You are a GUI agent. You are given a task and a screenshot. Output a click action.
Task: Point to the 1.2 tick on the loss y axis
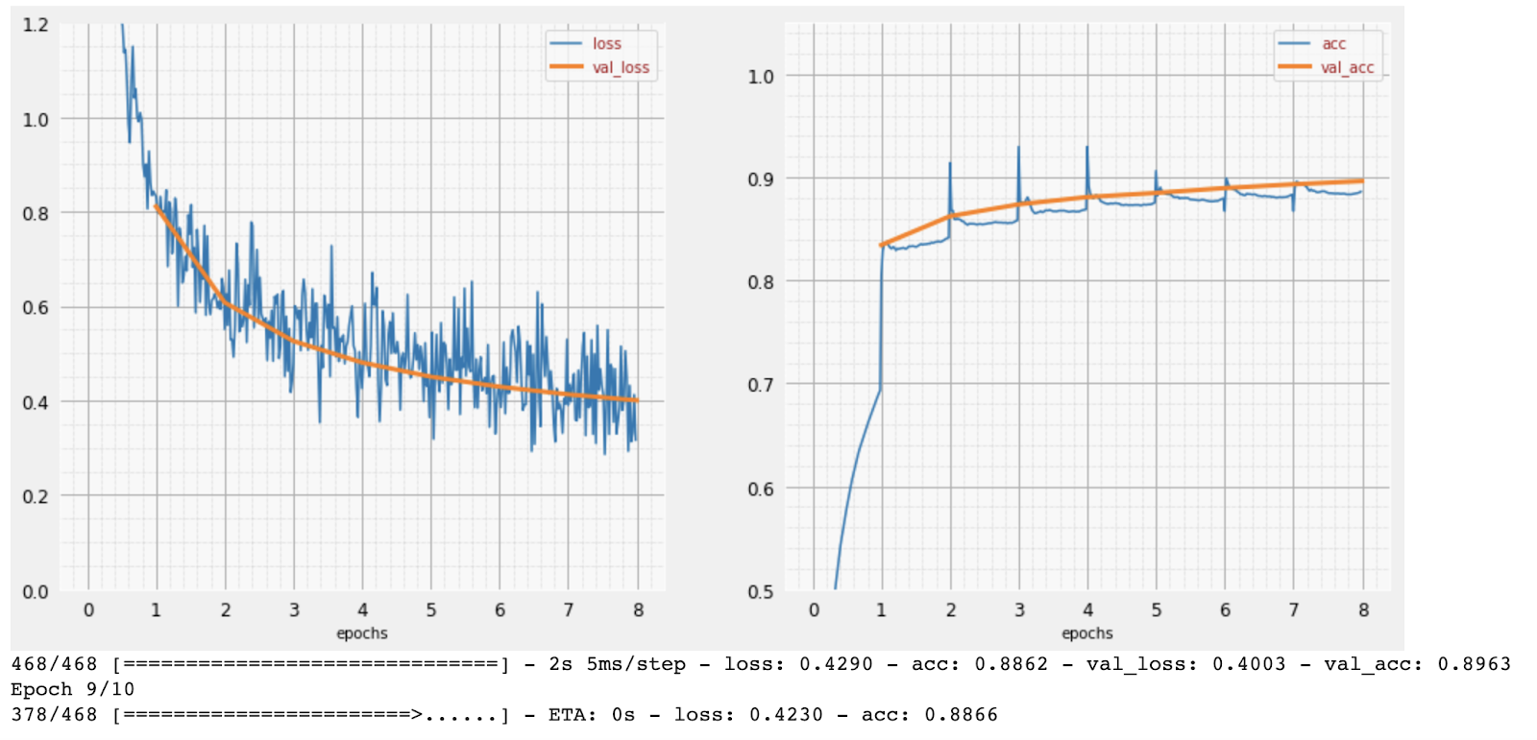(36, 25)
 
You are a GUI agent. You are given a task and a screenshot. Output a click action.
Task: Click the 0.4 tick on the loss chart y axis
(36, 402)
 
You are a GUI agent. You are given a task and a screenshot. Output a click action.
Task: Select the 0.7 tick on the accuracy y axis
(760, 385)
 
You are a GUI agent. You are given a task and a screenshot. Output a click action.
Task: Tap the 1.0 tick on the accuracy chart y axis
(760, 77)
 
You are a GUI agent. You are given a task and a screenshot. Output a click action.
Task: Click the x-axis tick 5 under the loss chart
(430, 610)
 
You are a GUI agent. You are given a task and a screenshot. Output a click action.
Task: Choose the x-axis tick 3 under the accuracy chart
(1019, 610)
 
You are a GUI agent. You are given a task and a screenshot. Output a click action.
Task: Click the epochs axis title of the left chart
(362, 633)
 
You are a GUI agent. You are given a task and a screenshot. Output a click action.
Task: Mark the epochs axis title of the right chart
(1086, 633)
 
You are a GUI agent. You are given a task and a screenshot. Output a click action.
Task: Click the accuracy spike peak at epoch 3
(1018, 148)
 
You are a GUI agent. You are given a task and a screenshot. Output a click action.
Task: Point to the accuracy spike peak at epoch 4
(1086, 148)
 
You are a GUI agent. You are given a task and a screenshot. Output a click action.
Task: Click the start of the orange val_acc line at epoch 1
(882, 246)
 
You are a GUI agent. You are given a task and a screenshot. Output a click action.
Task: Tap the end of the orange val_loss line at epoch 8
(636, 400)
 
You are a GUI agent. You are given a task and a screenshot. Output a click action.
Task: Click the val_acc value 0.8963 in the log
(1474, 664)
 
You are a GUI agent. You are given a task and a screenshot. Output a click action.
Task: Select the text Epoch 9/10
(72, 689)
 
